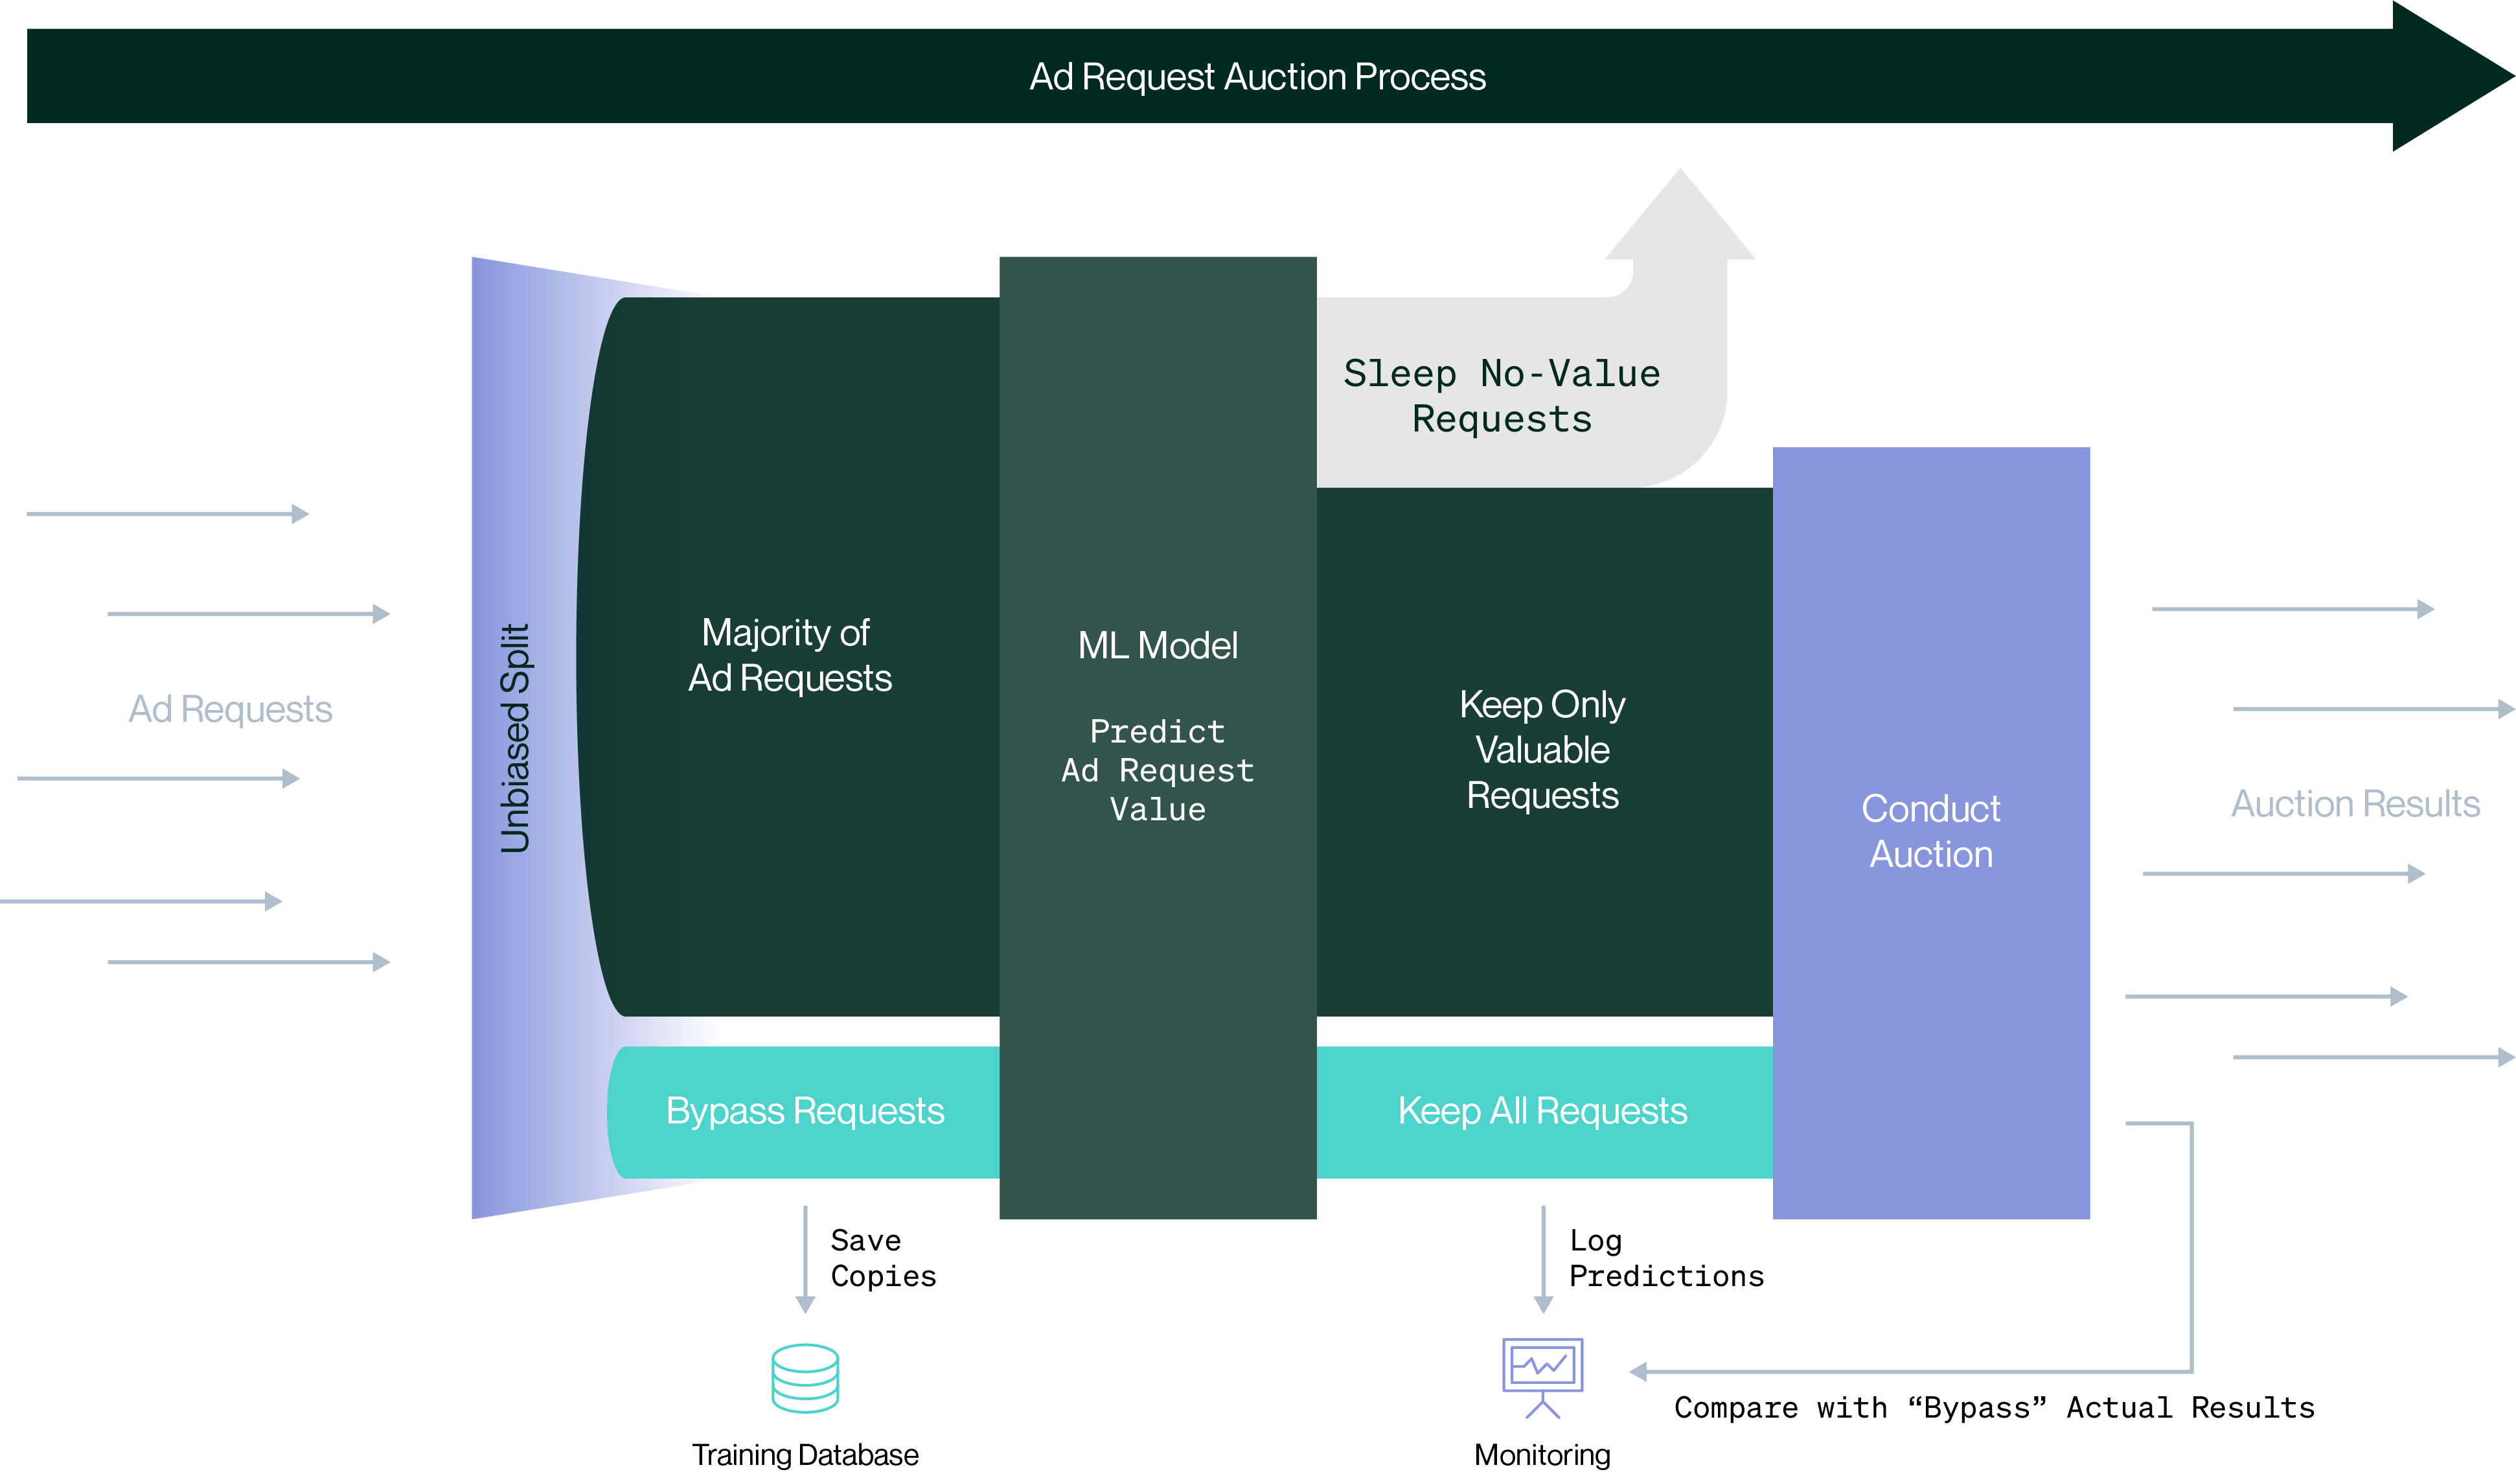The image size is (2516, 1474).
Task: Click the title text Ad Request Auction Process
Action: coord(1257,77)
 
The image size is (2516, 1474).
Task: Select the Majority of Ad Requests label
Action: coord(789,655)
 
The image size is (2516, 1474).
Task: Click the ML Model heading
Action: coord(1157,645)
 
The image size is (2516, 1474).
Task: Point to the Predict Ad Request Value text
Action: coord(1157,770)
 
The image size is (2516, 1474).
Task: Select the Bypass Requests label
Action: coord(805,1111)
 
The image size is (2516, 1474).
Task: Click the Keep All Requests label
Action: coord(1542,1111)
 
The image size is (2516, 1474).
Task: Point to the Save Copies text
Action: coord(882,1258)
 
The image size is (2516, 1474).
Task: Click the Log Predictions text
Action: coord(1665,1258)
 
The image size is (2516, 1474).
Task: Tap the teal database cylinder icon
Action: coord(805,1378)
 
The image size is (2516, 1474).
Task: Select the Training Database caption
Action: coord(805,1454)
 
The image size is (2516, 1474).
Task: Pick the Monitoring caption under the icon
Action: coord(1542,1454)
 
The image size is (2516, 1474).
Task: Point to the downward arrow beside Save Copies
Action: coord(805,1260)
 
